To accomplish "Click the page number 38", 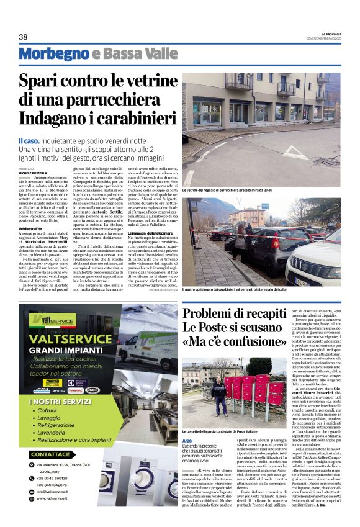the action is pos(23,37).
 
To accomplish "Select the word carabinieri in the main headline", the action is pos(132,117).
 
